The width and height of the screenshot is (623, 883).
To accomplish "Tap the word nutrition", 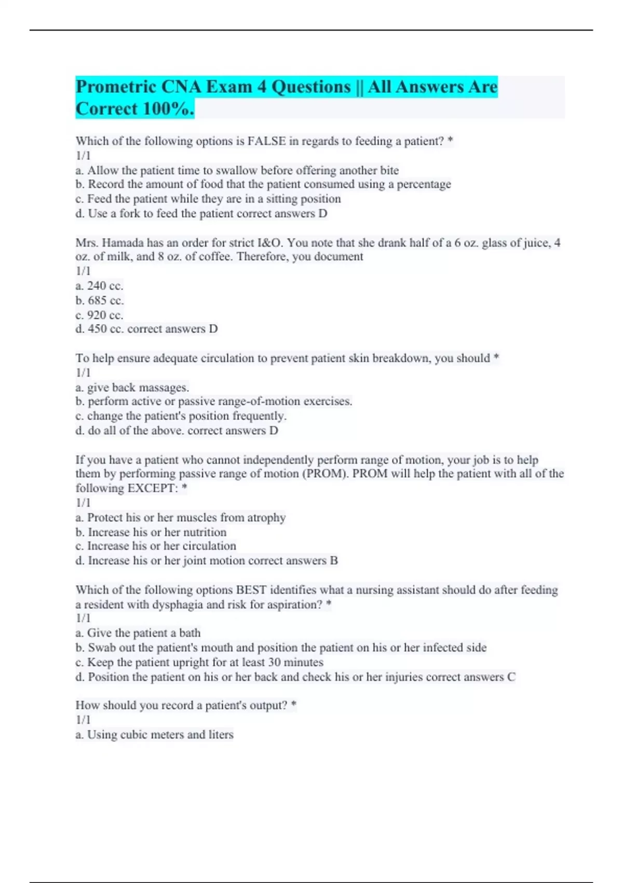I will point(201,532).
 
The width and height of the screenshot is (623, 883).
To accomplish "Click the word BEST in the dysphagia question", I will point(251,590).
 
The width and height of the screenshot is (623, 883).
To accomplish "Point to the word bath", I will point(189,633).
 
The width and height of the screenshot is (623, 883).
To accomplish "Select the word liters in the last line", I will point(221,734).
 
